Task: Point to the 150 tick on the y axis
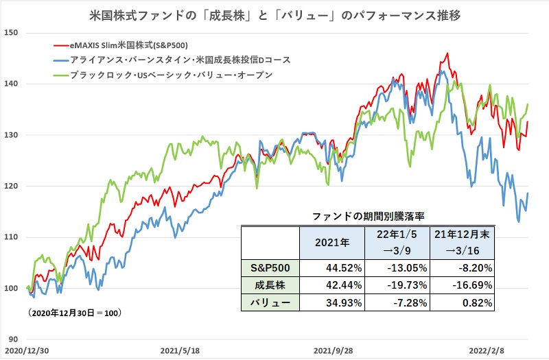tap(12, 32)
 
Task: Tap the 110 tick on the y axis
tap(12, 237)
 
